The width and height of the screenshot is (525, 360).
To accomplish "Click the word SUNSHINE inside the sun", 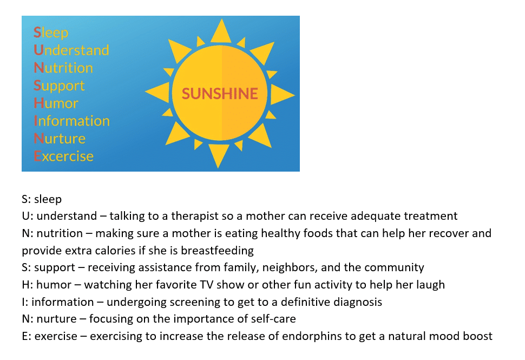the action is [x=220, y=94].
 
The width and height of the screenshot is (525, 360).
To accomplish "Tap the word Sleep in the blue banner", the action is [x=51, y=33].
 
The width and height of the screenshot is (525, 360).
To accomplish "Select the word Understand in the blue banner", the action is [x=71, y=50].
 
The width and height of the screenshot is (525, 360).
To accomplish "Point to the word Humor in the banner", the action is [x=56, y=103].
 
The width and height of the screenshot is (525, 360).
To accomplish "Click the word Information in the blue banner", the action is [x=71, y=121].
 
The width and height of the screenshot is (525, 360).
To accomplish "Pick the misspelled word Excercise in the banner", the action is [x=64, y=156].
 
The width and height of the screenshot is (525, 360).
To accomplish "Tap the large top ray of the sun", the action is [x=221, y=31].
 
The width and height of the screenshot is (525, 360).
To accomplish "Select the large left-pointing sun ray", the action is [x=157, y=92].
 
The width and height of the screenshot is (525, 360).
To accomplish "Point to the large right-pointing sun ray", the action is [x=282, y=95].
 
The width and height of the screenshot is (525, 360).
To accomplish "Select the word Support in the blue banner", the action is [x=59, y=86].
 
